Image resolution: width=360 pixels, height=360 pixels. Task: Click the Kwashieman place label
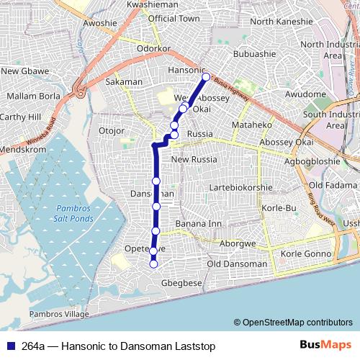tap(152, 4)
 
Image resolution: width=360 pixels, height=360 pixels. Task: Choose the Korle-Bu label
tap(279, 208)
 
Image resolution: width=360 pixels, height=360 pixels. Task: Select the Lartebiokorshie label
tap(240, 187)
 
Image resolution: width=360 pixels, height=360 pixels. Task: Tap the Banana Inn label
tap(199, 224)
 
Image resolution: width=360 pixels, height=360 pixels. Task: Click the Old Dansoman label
tap(236, 264)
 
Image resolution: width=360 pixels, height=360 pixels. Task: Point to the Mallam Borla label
tap(30, 95)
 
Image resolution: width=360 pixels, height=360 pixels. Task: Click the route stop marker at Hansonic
tap(206, 77)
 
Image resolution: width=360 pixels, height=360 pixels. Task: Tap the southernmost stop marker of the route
tap(153, 264)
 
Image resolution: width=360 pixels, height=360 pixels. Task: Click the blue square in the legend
tap(10, 346)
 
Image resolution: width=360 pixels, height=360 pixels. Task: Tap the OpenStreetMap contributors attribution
tap(293, 322)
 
